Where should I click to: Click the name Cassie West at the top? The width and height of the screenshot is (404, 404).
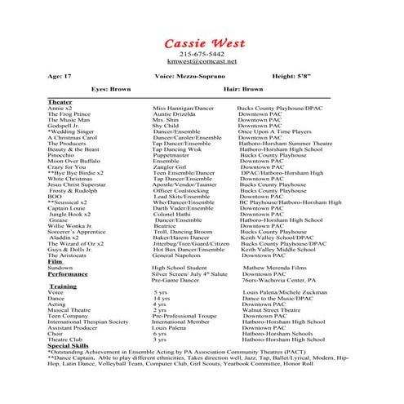pyautogui.click(x=201, y=42)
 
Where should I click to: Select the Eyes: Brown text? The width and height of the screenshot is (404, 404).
pyautogui.click(x=111, y=88)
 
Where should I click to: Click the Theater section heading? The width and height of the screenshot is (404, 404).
pyautogui.click(x=60, y=101)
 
